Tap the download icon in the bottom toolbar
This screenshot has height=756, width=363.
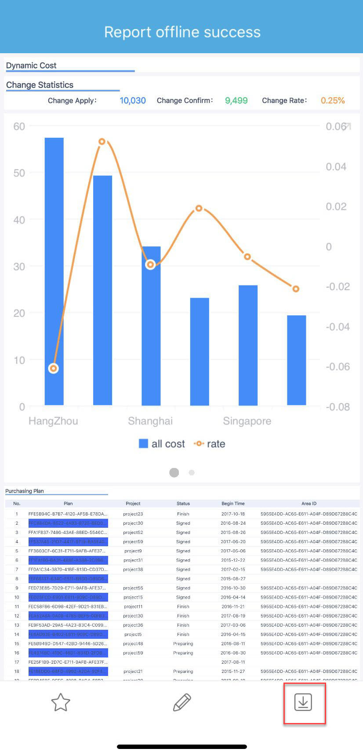tap(303, 702)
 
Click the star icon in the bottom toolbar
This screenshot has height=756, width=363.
tap(61, 702)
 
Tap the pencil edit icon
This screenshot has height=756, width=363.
tap(182, 702)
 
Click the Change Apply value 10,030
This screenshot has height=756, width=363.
tap(133, 101)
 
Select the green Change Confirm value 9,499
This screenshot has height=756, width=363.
tap(236, 101)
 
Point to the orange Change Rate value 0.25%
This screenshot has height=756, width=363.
tap(333, 101)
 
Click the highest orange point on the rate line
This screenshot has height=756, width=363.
tap(102, 142)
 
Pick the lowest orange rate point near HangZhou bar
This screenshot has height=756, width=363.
tap(53, 369)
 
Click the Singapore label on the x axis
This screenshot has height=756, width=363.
tap(247, 421)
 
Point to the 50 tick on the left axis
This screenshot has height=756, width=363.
tap(19, 173)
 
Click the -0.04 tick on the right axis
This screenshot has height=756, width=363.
tap(338, 327)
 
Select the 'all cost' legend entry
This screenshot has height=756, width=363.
tap(162, 444)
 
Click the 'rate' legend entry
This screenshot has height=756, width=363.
tap(210, 444)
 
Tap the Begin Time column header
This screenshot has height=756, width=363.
tap(233, 504)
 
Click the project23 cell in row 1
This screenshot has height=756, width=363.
tap(133, 514)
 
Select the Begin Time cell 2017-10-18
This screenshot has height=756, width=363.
tap(233, 514)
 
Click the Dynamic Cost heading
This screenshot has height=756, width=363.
tap(31, 66)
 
